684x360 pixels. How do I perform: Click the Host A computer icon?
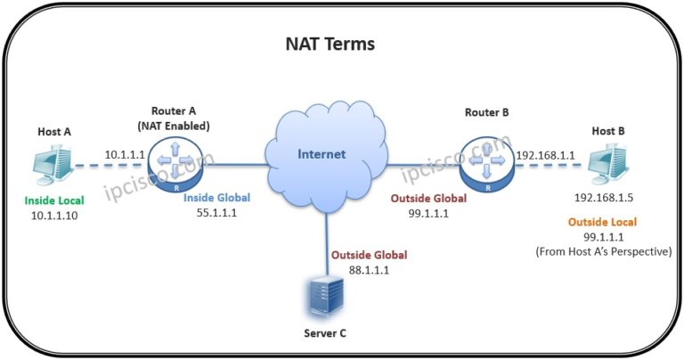51,168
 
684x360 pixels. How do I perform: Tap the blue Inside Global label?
216,198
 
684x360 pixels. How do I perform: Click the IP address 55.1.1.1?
216,214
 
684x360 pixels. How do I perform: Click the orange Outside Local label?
606,221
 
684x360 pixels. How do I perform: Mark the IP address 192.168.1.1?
545,154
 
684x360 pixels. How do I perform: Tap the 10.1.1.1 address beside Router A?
126,154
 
